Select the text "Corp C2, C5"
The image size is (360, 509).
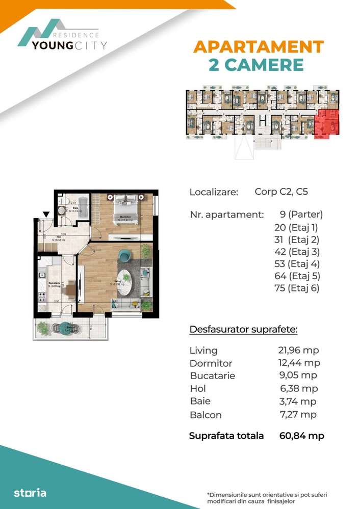click(281, 192)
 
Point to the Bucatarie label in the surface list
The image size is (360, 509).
click(212, 376)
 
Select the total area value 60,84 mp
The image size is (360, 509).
click(302, 436)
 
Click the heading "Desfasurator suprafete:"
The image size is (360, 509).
click(243, 330)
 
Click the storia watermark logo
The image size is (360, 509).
click(30, 493)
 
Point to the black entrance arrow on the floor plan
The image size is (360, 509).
click(46, 215)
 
